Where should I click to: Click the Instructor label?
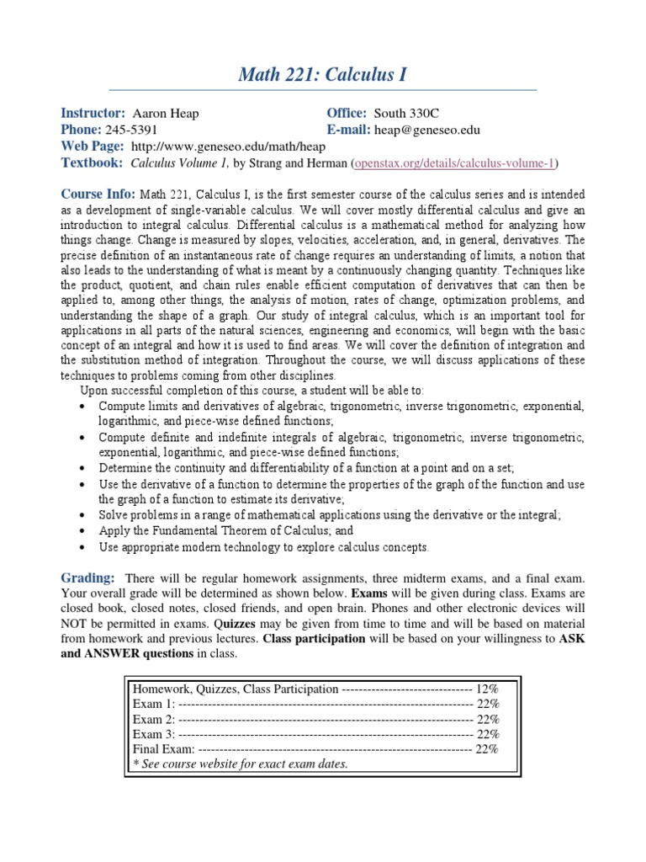pos(93,114)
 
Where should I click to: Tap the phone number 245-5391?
pos(131,130)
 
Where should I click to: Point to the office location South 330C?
pos(406,114)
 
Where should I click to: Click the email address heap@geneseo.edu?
pos(427,130)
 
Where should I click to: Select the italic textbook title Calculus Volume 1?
pos(180,162)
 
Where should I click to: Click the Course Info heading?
pos(98,194)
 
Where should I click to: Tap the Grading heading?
pos(87,577)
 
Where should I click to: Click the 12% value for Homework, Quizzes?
pos(487,688)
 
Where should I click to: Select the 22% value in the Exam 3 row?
pos(487,733)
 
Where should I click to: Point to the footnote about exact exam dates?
pos(240,764)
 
